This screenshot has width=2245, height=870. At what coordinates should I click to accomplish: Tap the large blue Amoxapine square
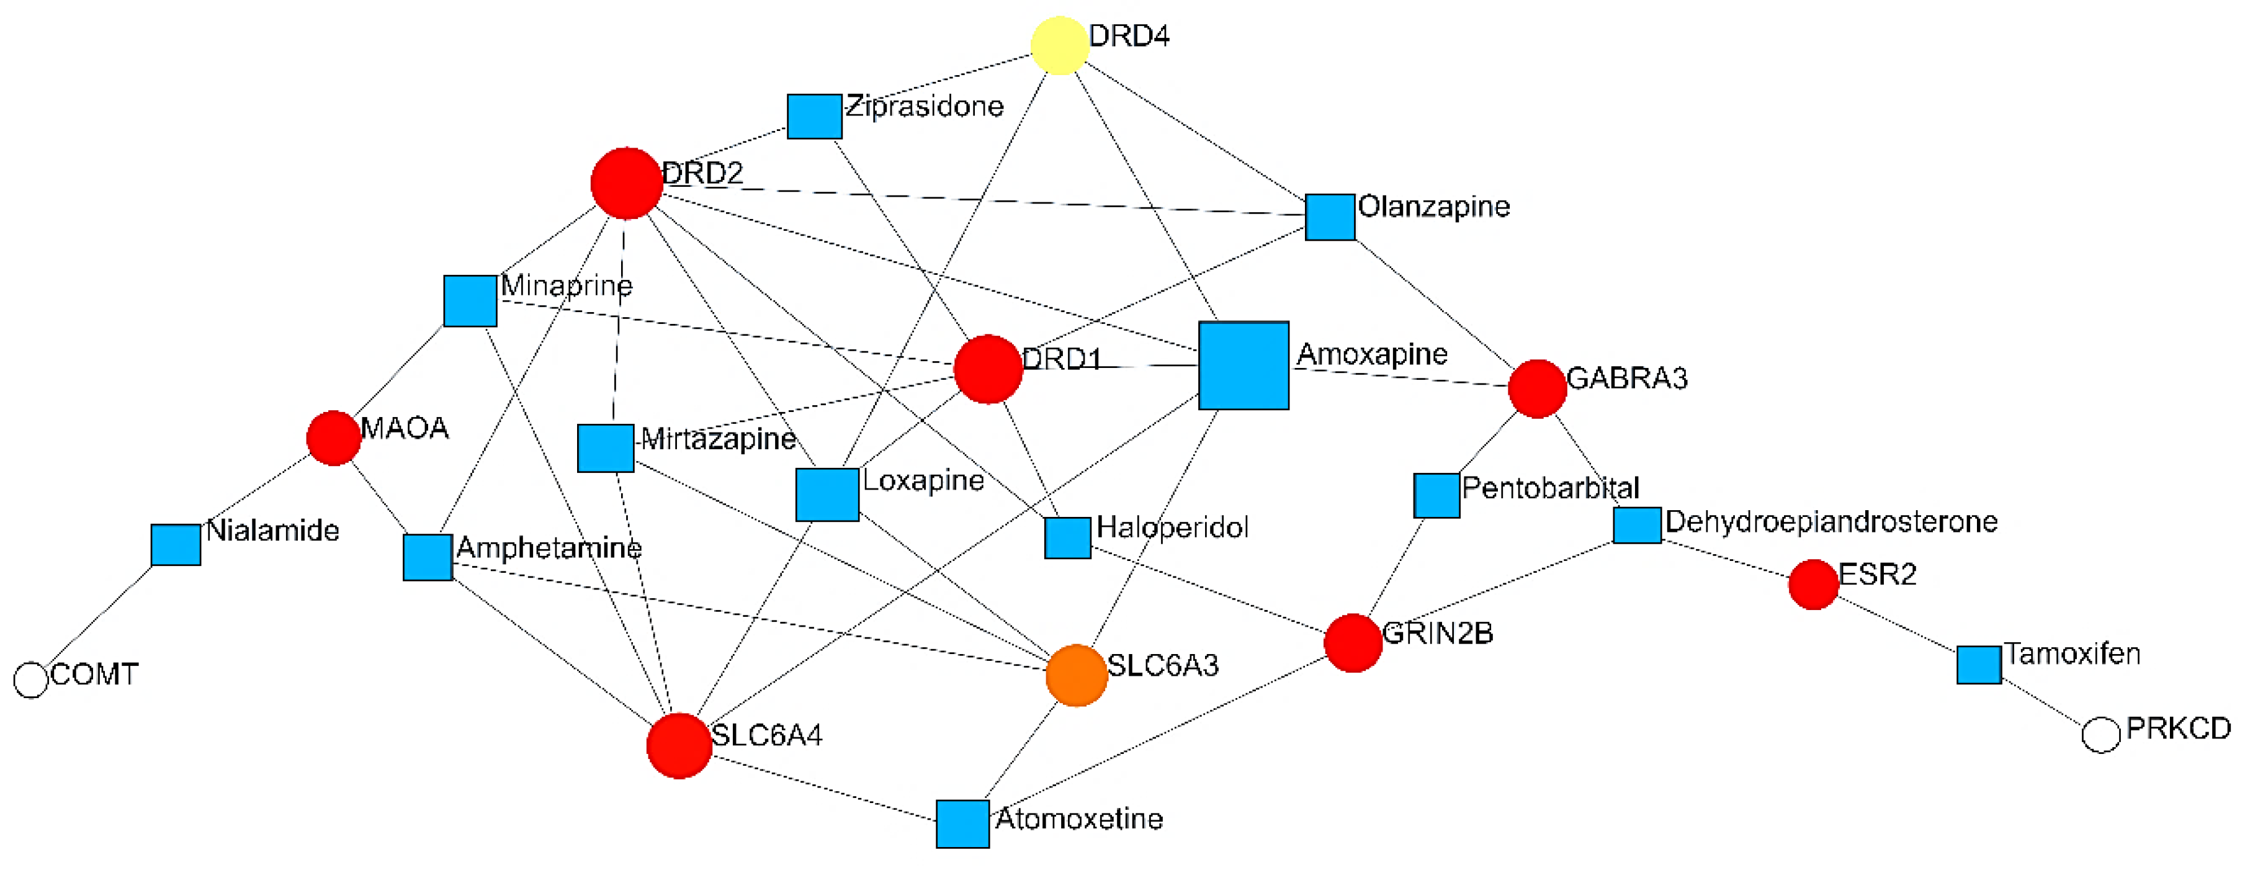[1243, 365]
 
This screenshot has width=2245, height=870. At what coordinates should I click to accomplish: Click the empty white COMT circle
[32, 680]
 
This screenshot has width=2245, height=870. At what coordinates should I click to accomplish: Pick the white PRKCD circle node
[2100, 735]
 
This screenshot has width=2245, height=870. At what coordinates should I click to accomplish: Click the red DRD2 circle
[627, 183]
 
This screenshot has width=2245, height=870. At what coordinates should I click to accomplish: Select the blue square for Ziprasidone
[814, 117]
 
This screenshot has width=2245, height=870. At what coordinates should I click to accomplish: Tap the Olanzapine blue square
[1330, 217]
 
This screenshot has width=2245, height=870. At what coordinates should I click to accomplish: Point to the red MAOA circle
[334, 439]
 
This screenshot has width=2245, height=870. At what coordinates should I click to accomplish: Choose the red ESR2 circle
[1814, 584]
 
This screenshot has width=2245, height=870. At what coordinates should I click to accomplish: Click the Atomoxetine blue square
[962, 824]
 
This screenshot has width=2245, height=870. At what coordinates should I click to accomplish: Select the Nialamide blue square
[176, 545]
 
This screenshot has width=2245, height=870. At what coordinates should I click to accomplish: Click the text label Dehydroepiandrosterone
[1831, 521]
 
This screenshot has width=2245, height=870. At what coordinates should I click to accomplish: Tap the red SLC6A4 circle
[679, 745]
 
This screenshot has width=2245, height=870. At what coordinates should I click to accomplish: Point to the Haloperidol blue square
[1068, 538]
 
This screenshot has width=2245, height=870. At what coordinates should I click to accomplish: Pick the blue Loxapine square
[827, 495]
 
